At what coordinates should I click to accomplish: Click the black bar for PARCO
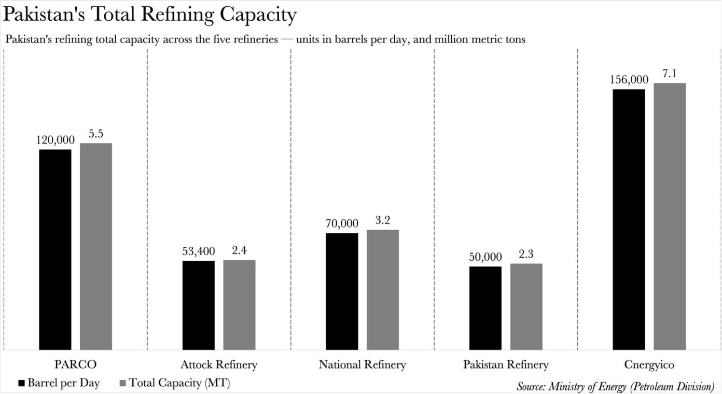point(55,249)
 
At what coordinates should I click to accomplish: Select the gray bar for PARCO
point(95,246)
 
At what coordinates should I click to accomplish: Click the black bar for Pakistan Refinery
point(485,308)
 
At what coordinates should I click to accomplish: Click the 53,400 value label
point(199,251)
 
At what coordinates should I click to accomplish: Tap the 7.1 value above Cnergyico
point(670,74)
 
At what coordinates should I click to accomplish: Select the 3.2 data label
point(383,220)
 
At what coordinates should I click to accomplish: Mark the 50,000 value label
point(485,257)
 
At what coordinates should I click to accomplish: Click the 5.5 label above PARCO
point(96,134)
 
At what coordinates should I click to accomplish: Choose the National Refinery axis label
point(362,365)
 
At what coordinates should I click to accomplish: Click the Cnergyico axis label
point(649,365)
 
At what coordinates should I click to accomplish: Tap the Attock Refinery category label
point(219,365)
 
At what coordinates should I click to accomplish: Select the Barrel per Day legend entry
point(59,383)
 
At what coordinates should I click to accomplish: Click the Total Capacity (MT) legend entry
point(174,383)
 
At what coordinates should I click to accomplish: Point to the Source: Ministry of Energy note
point(615,386)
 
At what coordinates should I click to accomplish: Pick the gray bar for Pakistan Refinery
point(526,306)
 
